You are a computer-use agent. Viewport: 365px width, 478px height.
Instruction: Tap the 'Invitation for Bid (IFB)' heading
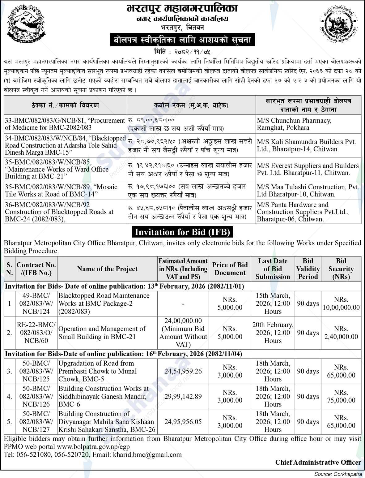point(182,232)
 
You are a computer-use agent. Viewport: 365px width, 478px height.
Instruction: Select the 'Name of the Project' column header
point(107,269)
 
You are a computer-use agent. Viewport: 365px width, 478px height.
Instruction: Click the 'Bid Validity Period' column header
point(308,269)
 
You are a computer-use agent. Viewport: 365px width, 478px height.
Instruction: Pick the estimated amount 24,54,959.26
point(183,371)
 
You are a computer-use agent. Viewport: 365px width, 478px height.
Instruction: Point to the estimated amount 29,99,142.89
point(183,396)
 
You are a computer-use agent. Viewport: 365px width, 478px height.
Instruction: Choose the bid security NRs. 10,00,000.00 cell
point(341,304)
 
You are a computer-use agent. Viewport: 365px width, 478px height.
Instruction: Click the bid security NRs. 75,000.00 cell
point(341,396)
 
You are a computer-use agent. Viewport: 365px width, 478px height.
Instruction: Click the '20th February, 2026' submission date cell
point(273,333)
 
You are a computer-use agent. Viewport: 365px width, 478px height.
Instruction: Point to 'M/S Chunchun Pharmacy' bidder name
point(294,120)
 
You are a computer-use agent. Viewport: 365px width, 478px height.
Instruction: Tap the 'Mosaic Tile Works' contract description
point(61,191)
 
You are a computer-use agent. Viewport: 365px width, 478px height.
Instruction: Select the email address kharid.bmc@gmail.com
point(147,454)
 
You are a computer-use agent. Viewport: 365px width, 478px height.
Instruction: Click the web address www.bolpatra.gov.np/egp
point(93,447)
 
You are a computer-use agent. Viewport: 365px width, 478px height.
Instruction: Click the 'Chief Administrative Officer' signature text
point(318,462)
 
